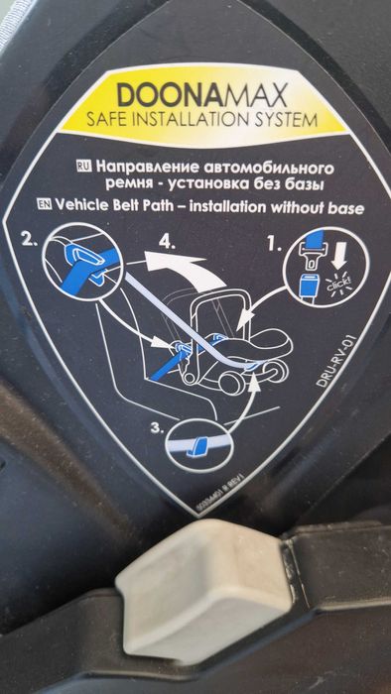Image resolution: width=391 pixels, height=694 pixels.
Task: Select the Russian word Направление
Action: [147, 161]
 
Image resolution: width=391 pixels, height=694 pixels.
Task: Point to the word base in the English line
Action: [344, 208]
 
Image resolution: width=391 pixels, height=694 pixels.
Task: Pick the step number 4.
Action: [171, 239]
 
